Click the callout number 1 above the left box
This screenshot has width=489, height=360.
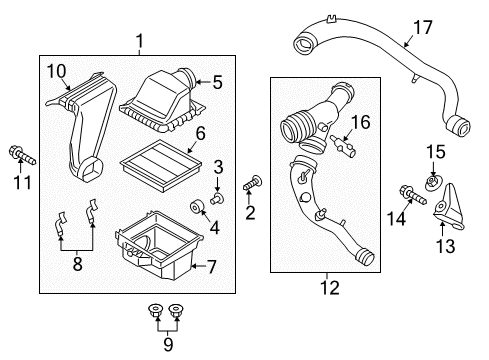140,41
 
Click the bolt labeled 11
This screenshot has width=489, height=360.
19,155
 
